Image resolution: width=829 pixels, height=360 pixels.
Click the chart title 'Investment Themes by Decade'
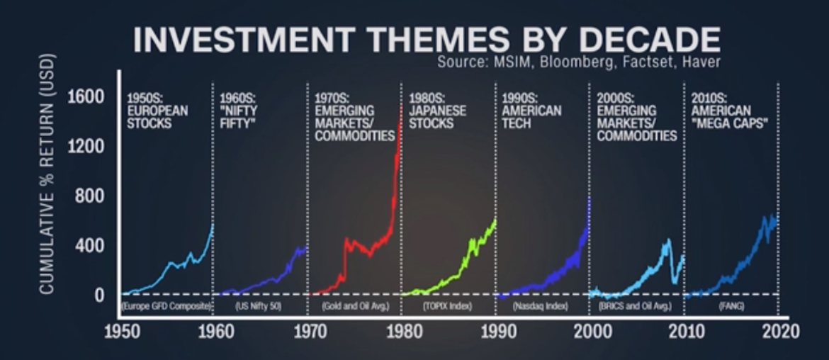point(427,40)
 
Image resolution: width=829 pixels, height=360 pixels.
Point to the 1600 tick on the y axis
point(86,96)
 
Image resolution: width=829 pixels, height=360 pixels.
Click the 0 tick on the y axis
point(99,294)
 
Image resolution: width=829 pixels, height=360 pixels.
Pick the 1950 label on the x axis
point(122,331)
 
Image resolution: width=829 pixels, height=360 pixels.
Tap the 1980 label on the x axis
point(402,331)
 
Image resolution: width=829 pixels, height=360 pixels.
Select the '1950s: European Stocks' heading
point(157,111)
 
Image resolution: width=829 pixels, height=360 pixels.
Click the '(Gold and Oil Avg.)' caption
point(352,307)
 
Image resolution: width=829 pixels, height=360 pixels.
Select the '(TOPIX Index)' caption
point(447,307)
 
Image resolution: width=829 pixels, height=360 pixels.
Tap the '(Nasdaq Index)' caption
point(541,307)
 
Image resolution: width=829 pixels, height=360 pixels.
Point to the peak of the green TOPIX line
point(495,220)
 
